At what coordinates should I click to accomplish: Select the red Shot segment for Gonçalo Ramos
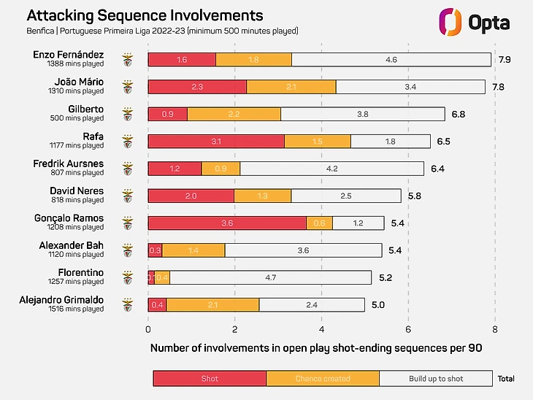pyautogui.click(x=227, y=223)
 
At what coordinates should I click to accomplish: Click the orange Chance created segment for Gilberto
pyautogui.click(x=234, y=114)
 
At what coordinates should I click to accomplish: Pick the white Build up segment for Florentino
pyautogui.click(x=270, y=277)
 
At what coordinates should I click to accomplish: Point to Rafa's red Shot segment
pyautogui.click(x=216, y=141)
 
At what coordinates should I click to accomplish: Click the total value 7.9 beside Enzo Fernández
pyautogui.click(x=504, y=60)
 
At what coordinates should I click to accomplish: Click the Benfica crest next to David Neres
pyautogui.click(x=128, y=196)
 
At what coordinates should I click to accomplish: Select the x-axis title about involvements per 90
pyautogui.click(x=316, y=348)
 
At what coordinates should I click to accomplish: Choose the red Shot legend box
pyautogui.click(x=210, y=378)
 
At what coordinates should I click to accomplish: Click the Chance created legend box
pyautogui.click(x=323, y=378)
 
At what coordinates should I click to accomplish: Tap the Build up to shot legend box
pyautogui.click(x=436, y=378)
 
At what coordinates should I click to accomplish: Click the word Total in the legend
pyautogui.click(x=505, y=378)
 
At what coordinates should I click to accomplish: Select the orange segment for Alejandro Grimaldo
pyautogui.click(x=212, y=304)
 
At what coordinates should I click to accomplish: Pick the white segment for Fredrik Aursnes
pyautogui.click(x=331, y=169)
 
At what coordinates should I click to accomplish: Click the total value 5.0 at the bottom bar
pyautogui.click(x=378, y=304)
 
